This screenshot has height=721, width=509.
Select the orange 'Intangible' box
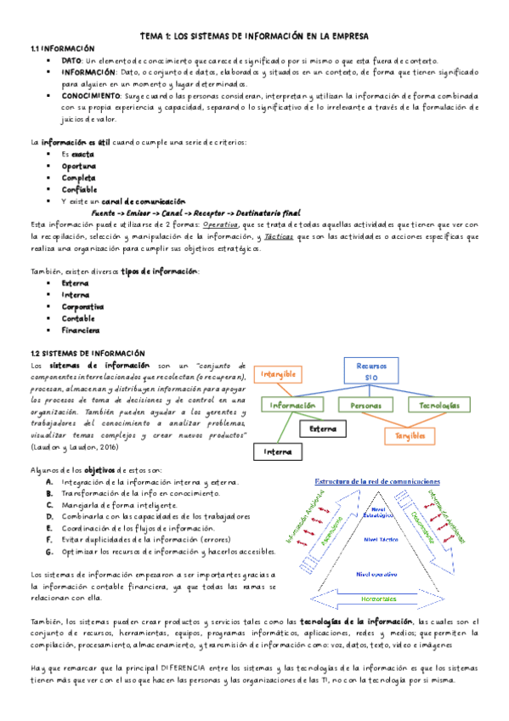pyautogui.click(x=278, y=373)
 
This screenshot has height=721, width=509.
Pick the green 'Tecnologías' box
pyautogui.click(x=439, y=406)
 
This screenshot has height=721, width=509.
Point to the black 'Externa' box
pyautogui.click(x=322, y=429)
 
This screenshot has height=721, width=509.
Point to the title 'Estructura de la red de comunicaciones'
pyautogui.click(x=377, y=481)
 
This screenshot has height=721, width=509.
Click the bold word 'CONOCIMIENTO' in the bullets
pyautogui.click(x=93, y=96)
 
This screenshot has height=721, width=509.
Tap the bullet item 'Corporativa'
pyautogui.click(x=82, y=306)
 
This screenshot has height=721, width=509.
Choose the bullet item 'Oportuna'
pyautogui.click(x=78, y=166)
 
